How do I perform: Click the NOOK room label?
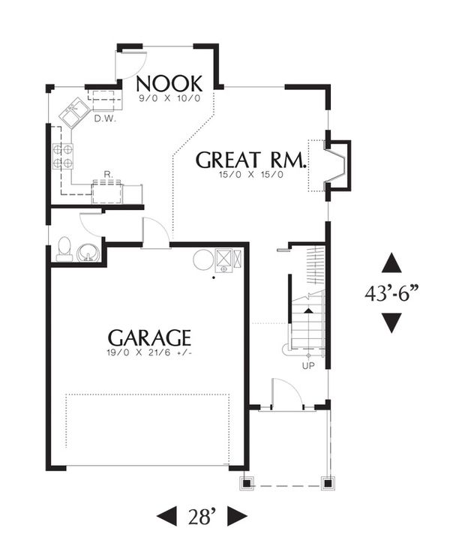(169, 82)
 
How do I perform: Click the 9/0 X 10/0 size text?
(169, 98)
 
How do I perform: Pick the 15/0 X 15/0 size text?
(251, 175)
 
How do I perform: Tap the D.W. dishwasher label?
(103, 117)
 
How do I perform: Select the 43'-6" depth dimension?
(391, 293)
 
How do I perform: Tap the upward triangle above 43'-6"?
(391, 264)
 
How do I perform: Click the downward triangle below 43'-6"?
(391, 322)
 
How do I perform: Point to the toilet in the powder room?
(64, 248)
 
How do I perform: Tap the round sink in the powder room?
(89, 251)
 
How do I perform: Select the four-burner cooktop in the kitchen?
(62, 155)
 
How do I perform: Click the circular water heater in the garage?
(203, 260)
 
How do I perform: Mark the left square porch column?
(245, 481)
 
